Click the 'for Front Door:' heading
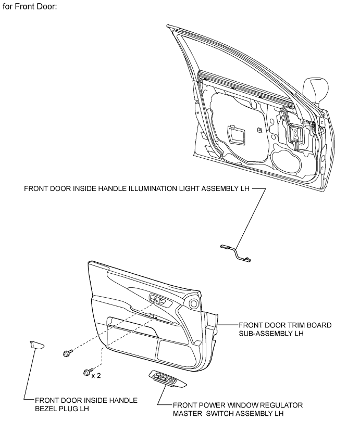click(30, 7)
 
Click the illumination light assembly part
click(236, 252)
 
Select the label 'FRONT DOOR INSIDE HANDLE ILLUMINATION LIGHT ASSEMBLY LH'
click(136, 188)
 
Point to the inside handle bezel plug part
click(37, 345)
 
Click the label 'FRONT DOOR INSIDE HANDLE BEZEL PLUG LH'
click(86, 404)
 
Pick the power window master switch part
click(167, 378)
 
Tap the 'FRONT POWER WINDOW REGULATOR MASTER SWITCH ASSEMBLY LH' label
click(238, 409)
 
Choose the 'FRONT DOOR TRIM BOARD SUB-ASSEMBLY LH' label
click(285, 329)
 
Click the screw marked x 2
click(87, 372)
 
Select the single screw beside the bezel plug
click(67, 353)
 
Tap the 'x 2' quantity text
click(96, 375)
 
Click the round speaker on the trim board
click(194, 303)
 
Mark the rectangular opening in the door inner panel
click(235, 135)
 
